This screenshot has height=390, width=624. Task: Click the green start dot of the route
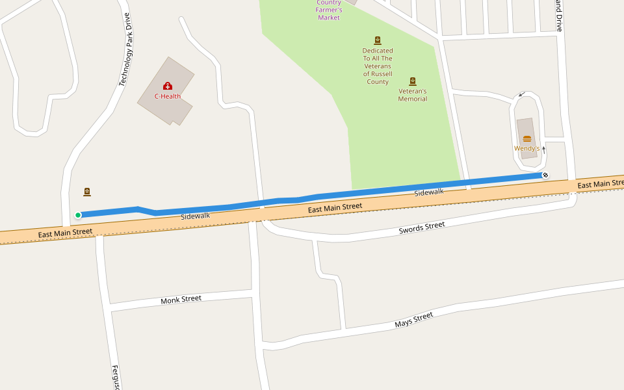pos(78,215)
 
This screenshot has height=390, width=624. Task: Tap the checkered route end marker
pos(545,175)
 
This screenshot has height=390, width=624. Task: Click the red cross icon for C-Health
pos(168,86)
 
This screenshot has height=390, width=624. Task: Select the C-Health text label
pos(168,96)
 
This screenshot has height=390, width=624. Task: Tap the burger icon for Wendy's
pos(527,138)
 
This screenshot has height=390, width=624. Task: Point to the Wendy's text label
pos(526,148)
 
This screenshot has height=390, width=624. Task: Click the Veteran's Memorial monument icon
pos(413,81)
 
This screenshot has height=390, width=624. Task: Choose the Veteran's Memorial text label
pos(413,95)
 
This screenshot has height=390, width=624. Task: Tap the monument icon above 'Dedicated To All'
pos(378,40)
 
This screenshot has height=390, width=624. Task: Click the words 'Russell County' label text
pos(378,78)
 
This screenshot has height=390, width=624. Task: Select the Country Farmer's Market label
pos(329,10)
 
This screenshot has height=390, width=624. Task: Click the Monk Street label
pos(181,300)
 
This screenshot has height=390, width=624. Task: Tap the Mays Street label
pos(414,320)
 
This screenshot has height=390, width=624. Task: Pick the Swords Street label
pos(422,228)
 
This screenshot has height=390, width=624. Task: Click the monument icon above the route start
pos(87,192)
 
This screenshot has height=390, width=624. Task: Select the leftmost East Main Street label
pos(65,232)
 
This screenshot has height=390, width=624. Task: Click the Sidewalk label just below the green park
pos(429,192)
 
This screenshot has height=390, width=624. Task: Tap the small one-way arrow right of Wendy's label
pos(544,149)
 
